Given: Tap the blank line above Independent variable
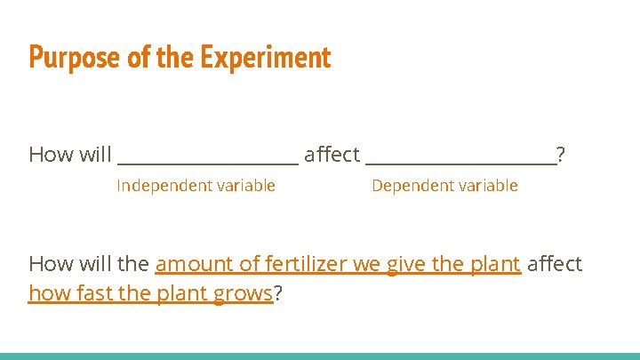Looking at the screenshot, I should pyautogui.click(x=208, y=162).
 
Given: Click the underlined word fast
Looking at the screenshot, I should pyautogui.click(x=82, y=293).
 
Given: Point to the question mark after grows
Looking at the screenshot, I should pyautogui.click(x=278, y=293).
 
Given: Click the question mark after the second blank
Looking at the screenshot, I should pyautogui.click(x=560, y=155).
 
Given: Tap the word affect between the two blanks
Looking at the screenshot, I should pyautogui.click(x=332, y=155).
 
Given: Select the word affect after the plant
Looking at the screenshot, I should pyautogui.click(x=555, y=264).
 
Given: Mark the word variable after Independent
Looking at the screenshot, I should pyautogui.click(x=244, y=186).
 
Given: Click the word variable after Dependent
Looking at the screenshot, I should pyautogui.click(x=487, y=186).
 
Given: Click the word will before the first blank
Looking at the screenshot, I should pyautogui.click(x=95, y=155).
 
